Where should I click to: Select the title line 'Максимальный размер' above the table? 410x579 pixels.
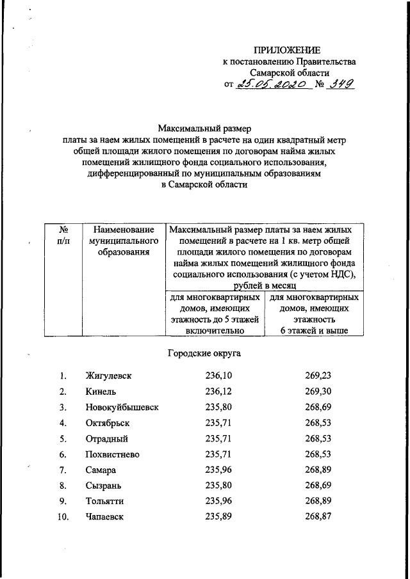(204, 127)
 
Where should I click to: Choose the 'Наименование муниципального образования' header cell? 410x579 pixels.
(124, 241)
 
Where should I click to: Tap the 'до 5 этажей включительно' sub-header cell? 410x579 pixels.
(214, 314)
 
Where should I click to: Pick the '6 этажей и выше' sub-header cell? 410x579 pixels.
(313, 314)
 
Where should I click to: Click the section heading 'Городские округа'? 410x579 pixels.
(204, 353)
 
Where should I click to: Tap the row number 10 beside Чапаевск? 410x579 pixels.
(63, 517)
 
